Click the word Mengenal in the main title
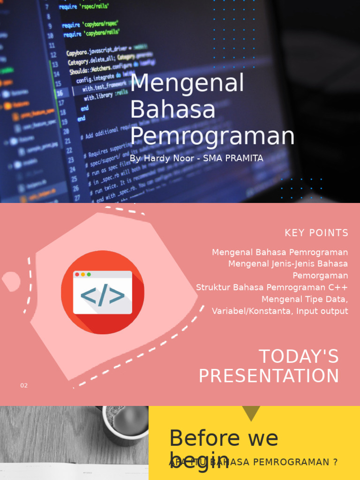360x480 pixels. [x=187, y=84]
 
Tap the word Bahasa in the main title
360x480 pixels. [x=172, y=110]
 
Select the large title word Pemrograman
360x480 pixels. [x=212, y=136]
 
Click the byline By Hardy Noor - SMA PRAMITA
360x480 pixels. [x=196, y=158]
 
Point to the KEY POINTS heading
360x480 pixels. [x=316, y=233]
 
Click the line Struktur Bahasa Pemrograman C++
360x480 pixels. [x=272, y=287]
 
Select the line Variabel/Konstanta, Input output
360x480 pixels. [x=280, y=311]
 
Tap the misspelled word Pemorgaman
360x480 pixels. [x=320, y=276]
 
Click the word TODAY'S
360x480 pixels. [x=299, y=357]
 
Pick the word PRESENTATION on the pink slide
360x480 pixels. [x=269, y=376]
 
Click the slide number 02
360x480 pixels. [x=24, y=386]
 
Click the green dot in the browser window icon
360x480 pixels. [x=89, y=274]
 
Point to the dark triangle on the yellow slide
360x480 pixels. [x=251, y=413]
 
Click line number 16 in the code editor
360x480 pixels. [x=60, y=93]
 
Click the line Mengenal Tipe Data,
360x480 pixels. [x=305, y=299]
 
